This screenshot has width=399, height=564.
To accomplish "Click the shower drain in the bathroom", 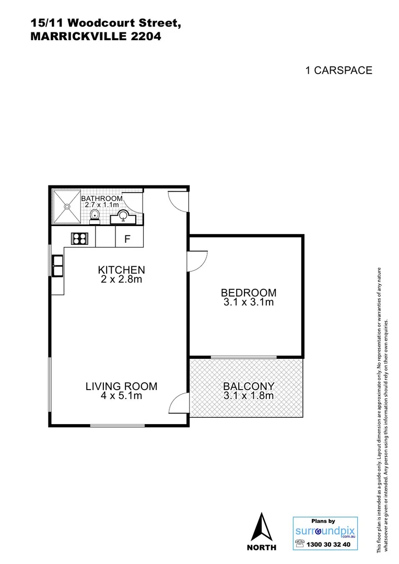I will coord(66,206).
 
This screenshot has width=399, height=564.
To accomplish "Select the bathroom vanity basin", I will coord(124,215).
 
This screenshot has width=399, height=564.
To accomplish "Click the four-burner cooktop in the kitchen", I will coord(79,239).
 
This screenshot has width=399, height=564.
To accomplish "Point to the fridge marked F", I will coord(126,239).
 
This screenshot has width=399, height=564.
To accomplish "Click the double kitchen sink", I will coord(57,265).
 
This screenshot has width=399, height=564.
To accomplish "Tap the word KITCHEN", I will coord(121,270).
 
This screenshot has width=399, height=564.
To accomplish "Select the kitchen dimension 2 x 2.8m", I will coord(121,279).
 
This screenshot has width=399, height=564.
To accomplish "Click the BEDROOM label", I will coord(248,293).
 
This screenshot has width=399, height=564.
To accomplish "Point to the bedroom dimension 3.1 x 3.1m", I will coord(248,302).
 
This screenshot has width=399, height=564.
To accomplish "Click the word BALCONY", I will coord(248,386).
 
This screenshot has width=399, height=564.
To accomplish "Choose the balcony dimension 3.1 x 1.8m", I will coord(248,396).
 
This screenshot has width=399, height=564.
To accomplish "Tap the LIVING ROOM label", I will coord(121,386).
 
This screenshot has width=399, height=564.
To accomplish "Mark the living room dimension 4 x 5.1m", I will coord(121,396).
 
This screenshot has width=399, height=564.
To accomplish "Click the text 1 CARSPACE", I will coord(338,70).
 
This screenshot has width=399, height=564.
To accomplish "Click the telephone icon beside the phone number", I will coord(300,544).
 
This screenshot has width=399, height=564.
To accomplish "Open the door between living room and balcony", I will coord(180,404).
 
